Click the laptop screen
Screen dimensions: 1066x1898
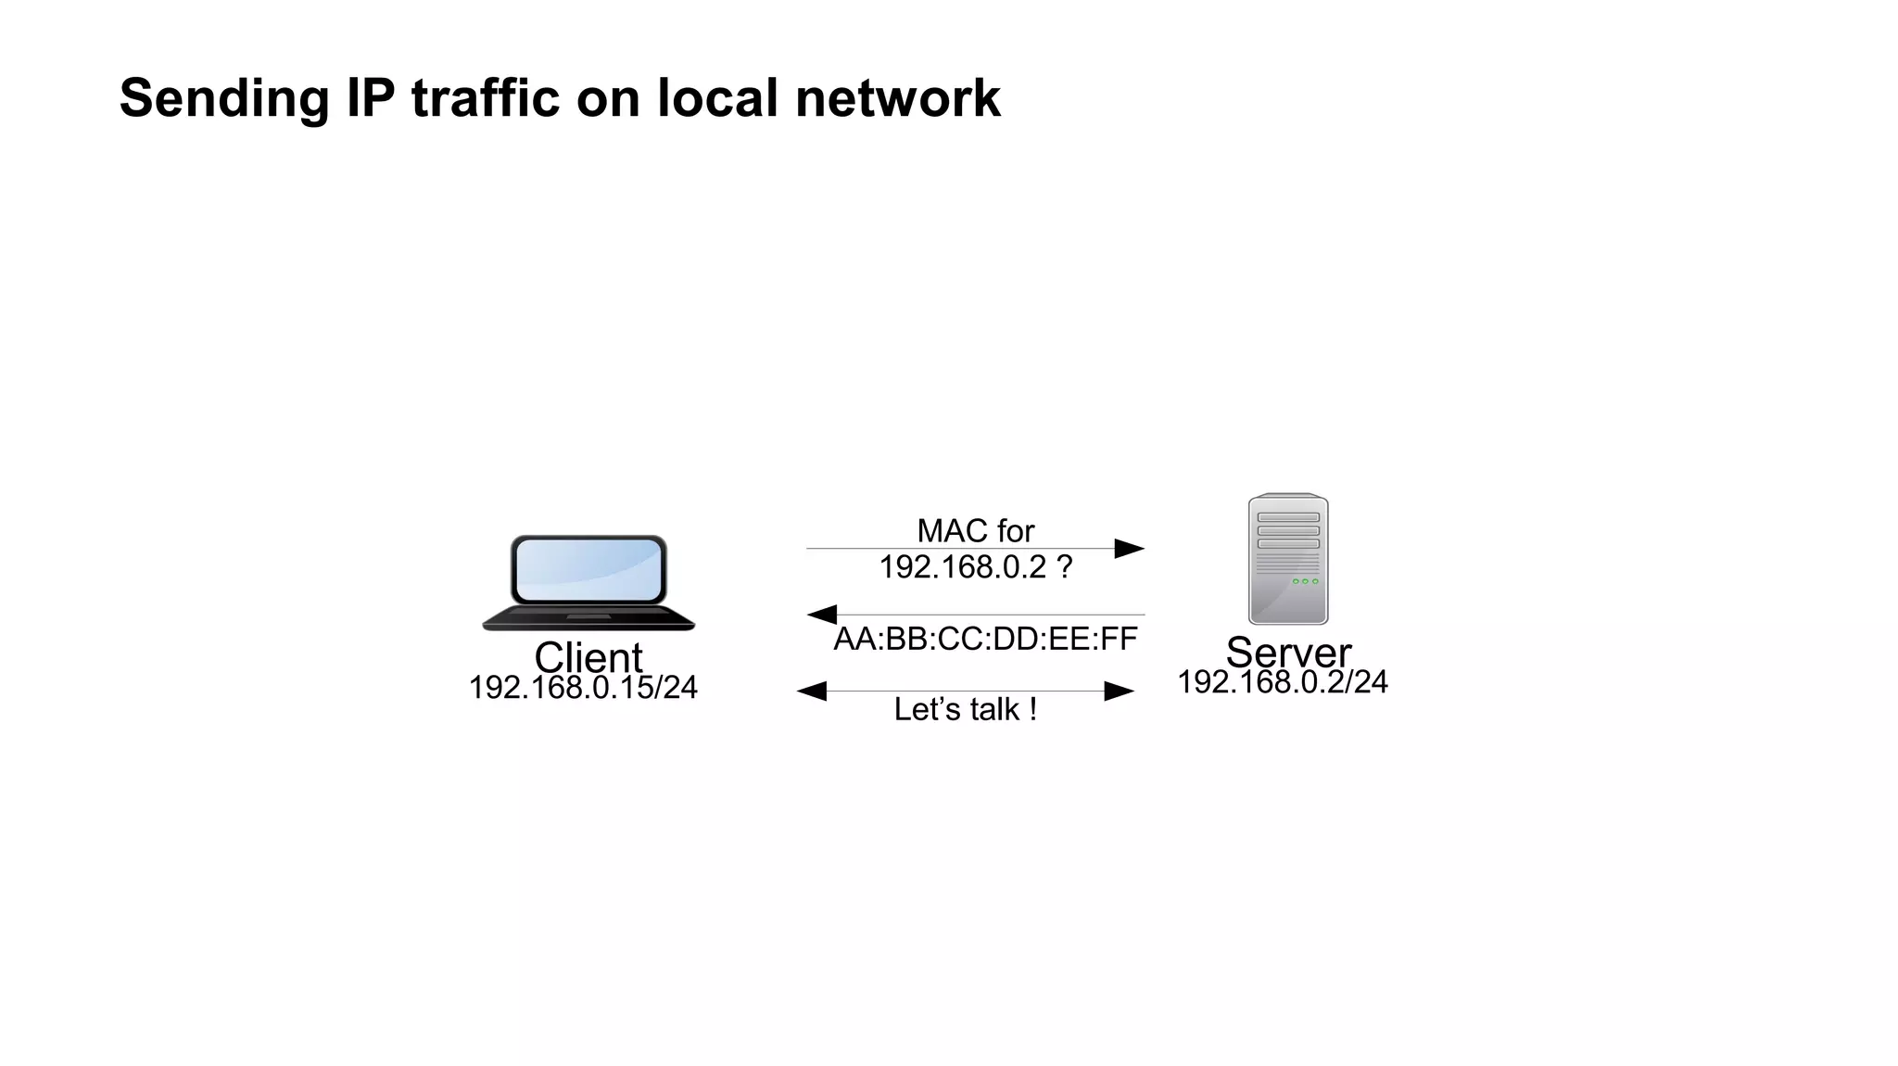pyautogui.click(x=588, y=570)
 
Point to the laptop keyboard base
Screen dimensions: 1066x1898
pyautogui.click(x=588, y=618)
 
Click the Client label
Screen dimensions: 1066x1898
pyautogui.click(x=588, y=657)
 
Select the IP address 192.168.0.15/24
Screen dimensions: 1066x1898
pyautogui.click(x=582, y=688)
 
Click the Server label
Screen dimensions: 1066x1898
pyautogui.click(x=1287, y=652)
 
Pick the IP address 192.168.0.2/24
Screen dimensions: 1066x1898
pyautogui.click(x=1282, y=682)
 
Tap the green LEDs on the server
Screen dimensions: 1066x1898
pyautogui.click(x=1304, y=581)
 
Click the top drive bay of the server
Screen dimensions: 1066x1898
pyautogui.click(x=1287, y=517)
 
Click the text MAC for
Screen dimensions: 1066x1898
pyautogui.click(x=975, y=531)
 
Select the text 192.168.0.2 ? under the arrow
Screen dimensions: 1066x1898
pyautogui.click(x=975, y=566)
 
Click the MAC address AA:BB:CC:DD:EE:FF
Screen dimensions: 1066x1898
pyautogui.click(x=984, y=639)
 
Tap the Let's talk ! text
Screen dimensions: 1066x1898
pyautogui.click(x=965, y=709)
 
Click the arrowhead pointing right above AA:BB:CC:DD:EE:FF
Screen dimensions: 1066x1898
pyautogui.click(x=1128, y=549)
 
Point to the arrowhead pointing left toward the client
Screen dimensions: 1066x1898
pyautogui.click(x=822, y=615)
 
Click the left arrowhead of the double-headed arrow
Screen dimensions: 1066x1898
pyautogui.click(x=812, y=692)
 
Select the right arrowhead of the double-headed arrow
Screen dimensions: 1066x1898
pyautogui.click(x=1119, y=692)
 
